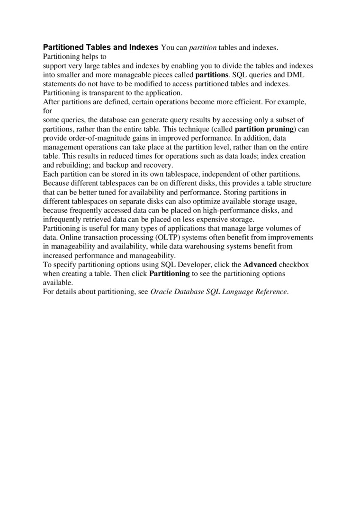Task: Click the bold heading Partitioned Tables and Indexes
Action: tap(101, 47)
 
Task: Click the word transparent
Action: tap(100, 93)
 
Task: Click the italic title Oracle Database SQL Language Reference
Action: tap(218, 292)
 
